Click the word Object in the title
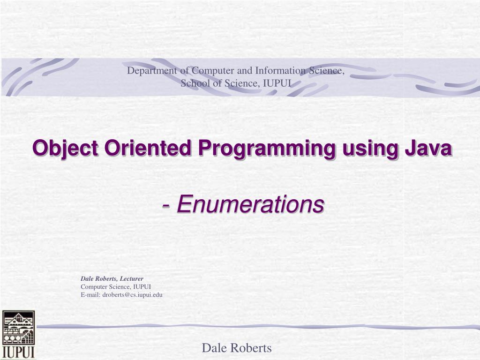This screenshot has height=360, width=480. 65,149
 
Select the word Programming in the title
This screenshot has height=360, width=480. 266,149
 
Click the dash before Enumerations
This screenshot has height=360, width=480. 166,204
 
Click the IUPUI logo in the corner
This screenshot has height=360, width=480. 18,334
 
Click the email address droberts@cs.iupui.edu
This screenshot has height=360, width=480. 132,294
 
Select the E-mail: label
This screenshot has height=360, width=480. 91,294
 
